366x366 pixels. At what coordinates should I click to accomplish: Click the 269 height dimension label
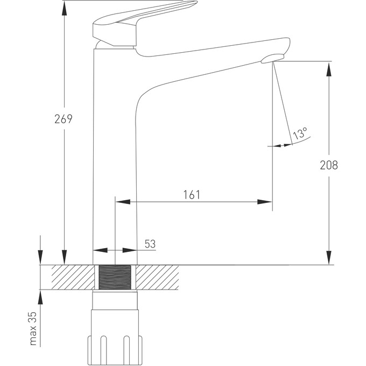point(64,119)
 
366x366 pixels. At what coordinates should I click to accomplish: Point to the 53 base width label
point(150,243)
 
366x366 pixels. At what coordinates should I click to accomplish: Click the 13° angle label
point(300,132)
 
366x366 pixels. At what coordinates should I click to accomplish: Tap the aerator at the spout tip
point(272,59)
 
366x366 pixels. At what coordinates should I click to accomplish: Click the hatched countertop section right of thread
point(158,278)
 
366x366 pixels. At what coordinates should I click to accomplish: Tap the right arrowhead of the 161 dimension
point(265,202)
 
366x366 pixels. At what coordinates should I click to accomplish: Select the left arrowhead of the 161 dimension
point(123,202)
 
